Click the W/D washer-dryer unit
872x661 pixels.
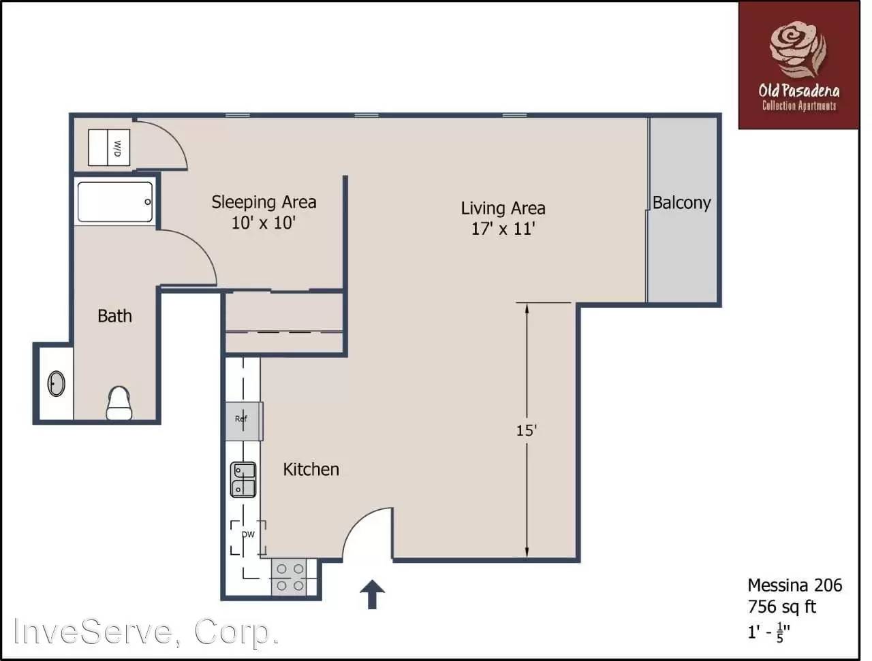[x=109, y=147]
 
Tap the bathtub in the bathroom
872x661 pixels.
[x=115, y=201]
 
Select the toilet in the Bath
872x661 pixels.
[x=119, y=403]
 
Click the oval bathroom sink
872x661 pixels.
[x=56, y=383]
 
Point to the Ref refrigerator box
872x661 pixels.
[x=244, y=421]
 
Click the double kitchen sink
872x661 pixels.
[x=243, y=479]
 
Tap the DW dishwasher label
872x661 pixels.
[x=248, y=534]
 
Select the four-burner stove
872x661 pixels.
[x=290, y=577]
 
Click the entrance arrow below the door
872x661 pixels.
[x=372, y=594]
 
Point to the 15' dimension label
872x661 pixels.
[x=527, y=430]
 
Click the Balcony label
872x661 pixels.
[x=681, y=203]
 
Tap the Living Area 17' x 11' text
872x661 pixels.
[x=503, y=219]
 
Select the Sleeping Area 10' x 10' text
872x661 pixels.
[x=264, y=212]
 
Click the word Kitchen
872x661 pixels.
[x=311, y=469]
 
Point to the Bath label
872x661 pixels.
[x=115, y=316]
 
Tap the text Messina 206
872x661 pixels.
[x=795, y=585]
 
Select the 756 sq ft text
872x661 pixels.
[x=782, y=607]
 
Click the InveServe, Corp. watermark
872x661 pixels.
[x=146, y=632]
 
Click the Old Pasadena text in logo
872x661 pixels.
[x=799, y=91]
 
